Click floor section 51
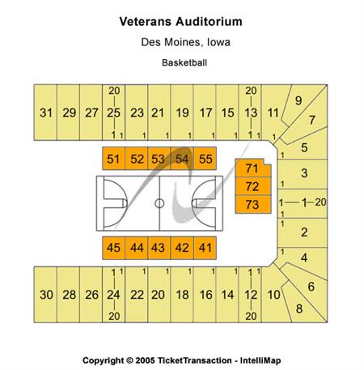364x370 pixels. click(x=113, y=159)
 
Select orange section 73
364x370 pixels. click(x=253, y=204)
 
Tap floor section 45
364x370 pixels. click(x=113, y=248)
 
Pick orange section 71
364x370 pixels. click(x=253, y=168)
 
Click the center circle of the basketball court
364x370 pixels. click(x=159, y=203)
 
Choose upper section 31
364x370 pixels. click(x=45, y=113)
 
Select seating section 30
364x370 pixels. click(x=45, y=295)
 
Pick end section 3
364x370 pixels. click(x=303, y=174)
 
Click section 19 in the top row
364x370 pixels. click(x=182, y=113)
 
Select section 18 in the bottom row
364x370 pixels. click(x=182, y=295)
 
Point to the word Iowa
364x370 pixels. click(x=218, y=42)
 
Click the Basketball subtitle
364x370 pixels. click(x=184, y=62)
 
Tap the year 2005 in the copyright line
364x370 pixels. click(x=145, y=360)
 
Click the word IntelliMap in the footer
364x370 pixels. click(x=260, y=360)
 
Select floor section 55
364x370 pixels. click(x=205, y=159)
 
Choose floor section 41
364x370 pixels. click(x=205, y=248)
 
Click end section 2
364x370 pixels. click(x=303, y=232)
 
